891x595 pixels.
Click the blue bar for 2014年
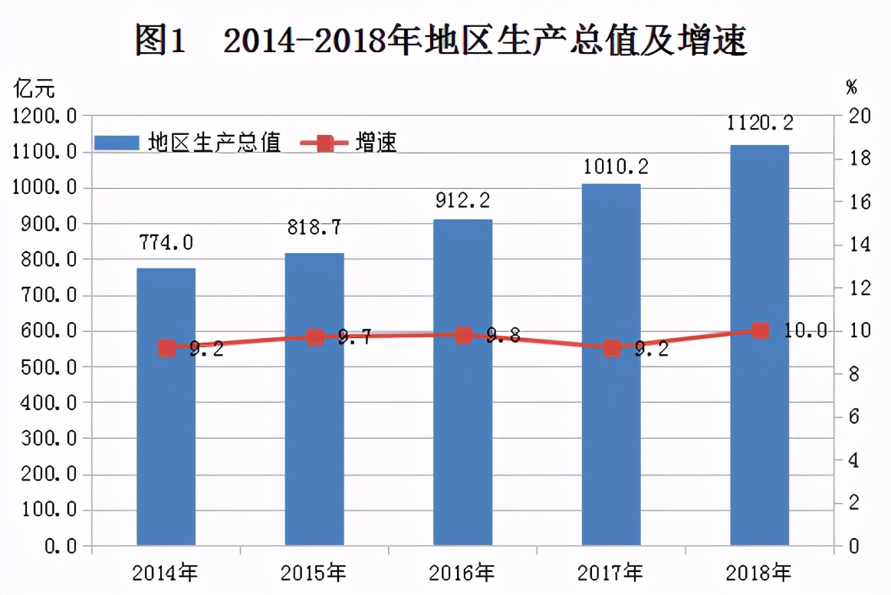[x=166, y=406]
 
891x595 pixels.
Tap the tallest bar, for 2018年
[x=759, y=345]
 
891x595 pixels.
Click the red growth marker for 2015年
[x=314, y=337]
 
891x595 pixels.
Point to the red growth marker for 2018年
[x=760, y=330]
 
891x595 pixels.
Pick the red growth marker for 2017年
[x=611, y=348]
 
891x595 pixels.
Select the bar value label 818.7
[x=314, y=228]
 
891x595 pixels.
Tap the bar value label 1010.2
[x=611, y=166]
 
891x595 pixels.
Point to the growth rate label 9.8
[x=503, y=335]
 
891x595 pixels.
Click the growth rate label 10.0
[x=805, y=330]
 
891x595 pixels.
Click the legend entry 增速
[x=376, y=143]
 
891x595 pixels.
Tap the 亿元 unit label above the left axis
[x=35, y=88]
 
